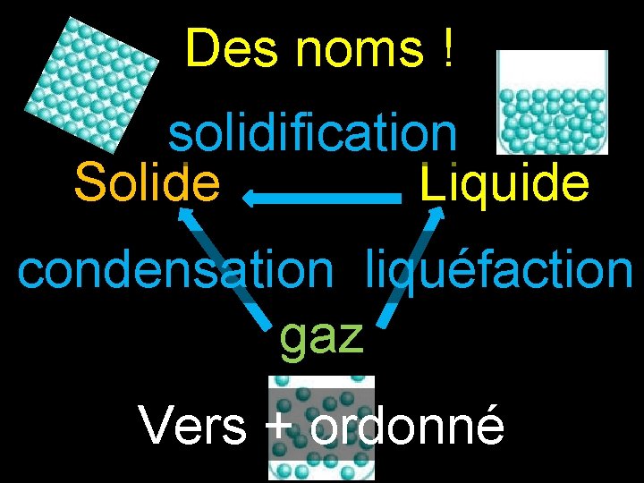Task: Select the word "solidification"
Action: (313, 135)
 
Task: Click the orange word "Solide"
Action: (148, 182)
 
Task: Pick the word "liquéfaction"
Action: (498, 269)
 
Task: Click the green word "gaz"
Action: (322, 335)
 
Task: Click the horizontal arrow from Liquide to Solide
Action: (322, 199)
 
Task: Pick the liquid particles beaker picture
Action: (552, 101)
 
